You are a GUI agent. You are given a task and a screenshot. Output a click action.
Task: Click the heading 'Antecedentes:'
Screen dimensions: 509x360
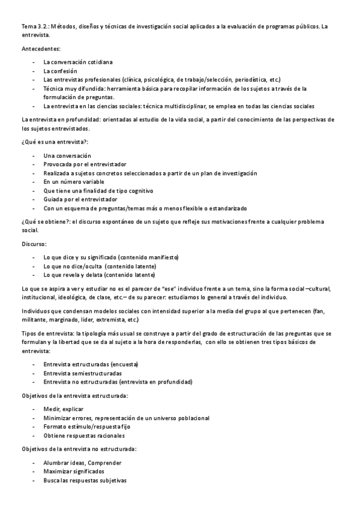click(40, 49)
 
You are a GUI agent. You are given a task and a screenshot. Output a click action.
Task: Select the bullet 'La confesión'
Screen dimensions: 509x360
click(61, 71)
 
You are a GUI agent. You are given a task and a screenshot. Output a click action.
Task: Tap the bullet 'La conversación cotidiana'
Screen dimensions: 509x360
click(78, 62)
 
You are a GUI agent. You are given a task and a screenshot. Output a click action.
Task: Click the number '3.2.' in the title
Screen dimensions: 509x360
click(44, 26)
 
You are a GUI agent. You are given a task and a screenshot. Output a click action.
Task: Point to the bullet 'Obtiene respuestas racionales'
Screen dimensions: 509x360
click(84, 435)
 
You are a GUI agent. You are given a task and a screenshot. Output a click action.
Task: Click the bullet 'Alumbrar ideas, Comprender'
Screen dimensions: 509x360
click(83, 463)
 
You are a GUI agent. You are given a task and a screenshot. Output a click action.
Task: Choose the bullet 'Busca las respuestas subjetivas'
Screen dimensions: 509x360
click(85, 480)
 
